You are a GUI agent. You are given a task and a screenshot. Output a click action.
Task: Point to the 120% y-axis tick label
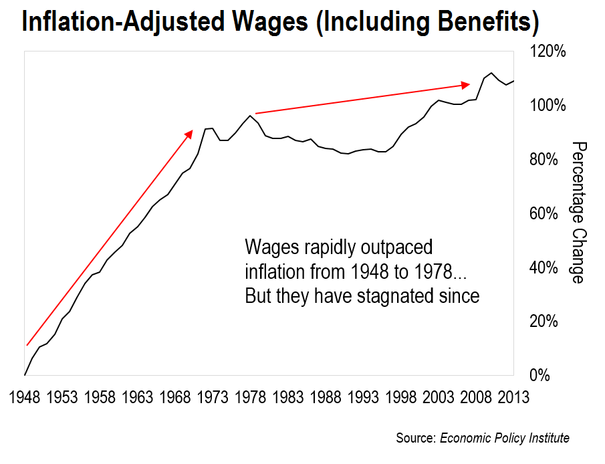pos(548,51)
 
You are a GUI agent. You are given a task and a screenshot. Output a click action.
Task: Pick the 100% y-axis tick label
pos(548,106)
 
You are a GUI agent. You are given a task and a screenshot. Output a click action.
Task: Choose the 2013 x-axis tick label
pos(514,398)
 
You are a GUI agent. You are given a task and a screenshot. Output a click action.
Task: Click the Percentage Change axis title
pos(579,213)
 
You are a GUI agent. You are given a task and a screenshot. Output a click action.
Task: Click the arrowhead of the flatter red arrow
pos(467,85)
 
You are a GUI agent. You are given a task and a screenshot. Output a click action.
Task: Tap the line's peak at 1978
pos(250,116)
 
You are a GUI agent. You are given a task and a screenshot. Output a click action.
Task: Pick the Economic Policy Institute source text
pos(504,439)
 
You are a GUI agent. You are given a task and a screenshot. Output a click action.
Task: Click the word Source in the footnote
pos(416,439)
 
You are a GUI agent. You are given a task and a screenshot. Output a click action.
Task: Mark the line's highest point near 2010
pos(491,73)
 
